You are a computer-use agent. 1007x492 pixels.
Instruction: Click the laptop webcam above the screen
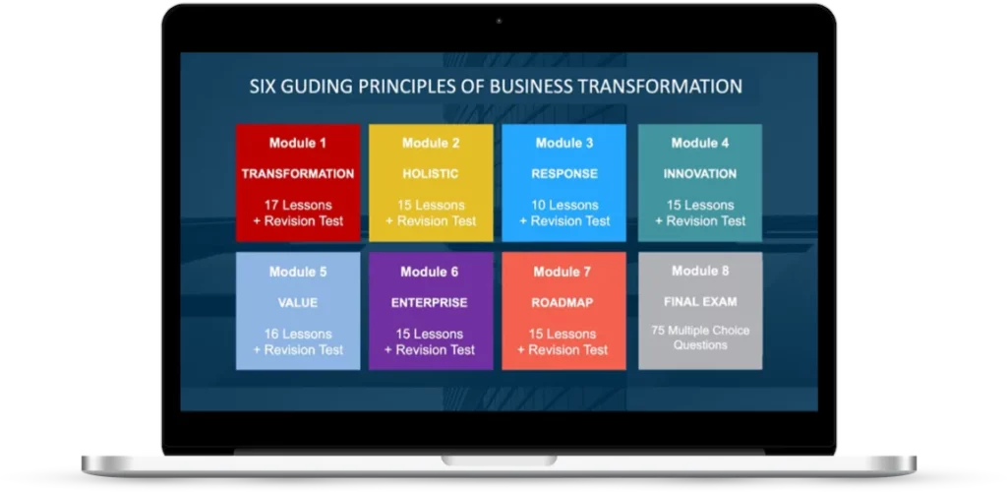coord(499,22)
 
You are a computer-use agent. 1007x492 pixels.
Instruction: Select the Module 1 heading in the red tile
coord(297,143)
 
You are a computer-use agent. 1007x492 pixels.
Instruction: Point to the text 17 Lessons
coord(298,205)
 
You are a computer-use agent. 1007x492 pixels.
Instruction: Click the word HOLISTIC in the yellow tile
coord(431,173)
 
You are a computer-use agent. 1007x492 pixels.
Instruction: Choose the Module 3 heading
coord(564,143)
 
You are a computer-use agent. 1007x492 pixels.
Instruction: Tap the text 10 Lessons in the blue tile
coord(564,205)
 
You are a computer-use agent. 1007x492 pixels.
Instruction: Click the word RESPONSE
coord(564,173)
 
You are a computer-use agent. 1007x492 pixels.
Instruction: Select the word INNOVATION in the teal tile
coord(700,173)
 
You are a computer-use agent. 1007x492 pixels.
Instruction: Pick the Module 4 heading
coord(700,143)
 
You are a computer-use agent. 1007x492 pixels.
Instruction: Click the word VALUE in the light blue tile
coord(298,302)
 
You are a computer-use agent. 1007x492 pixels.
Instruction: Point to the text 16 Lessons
coord(298,334)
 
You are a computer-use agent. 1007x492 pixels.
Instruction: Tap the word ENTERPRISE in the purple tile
coord(431,302)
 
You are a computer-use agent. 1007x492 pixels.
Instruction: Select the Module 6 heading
coord(430,272)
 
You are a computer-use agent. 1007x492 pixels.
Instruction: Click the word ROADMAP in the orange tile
coord(563,302)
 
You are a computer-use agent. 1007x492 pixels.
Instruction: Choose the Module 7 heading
coord(563,272)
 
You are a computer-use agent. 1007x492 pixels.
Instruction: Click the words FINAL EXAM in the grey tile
coord(700,301)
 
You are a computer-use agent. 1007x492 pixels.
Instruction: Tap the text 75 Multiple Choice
coord(700,331)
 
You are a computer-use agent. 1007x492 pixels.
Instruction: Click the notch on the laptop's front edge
coord(499,461)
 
